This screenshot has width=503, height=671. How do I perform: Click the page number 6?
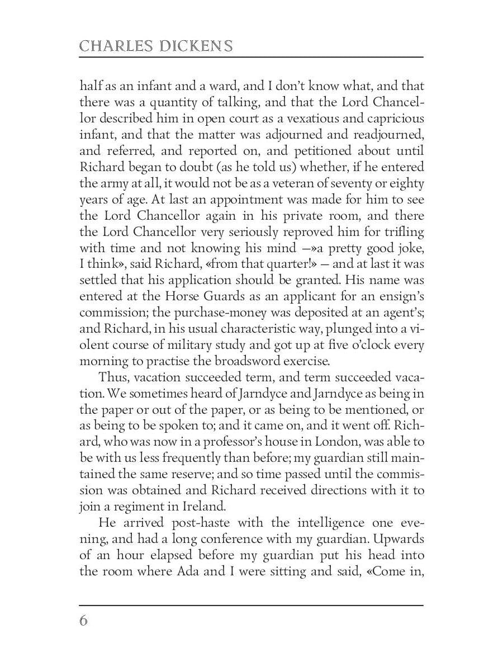[x=84, y=621]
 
